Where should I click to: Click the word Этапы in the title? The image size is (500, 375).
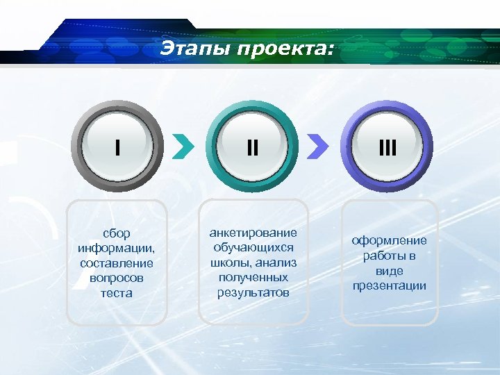point(195,49)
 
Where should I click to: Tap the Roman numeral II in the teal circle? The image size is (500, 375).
point(253,148)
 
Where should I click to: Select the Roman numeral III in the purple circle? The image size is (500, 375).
point(387,148)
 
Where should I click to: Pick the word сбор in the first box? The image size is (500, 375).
point(117,233)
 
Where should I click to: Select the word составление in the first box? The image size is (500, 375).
point(117,263)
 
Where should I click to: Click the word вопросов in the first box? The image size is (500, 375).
point(117,278)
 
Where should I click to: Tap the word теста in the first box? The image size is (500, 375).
point(117,293)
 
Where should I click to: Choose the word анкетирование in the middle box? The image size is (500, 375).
point(253,233)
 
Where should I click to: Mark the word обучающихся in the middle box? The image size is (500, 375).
point(253,247)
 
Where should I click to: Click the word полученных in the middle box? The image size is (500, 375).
point(253,277)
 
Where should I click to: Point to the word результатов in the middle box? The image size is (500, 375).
point(253,292)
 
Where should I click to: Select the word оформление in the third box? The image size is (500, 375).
point(389,241)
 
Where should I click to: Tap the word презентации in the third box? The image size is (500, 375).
point(389,285)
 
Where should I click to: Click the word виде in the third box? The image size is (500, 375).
point(389,271)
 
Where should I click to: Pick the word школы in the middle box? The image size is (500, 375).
point(232,262)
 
